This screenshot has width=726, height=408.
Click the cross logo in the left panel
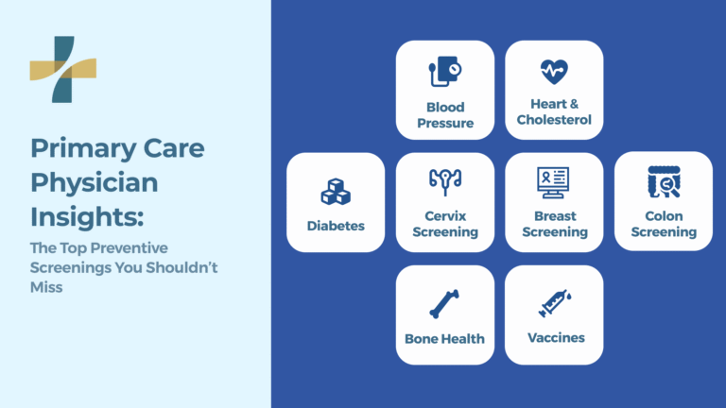(62, 69)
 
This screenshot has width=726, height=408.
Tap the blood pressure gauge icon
(444, 72)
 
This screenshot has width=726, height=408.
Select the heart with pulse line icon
(554, 71)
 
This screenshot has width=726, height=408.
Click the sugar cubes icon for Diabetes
(335, 192)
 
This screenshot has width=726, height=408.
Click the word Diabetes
(335, 226)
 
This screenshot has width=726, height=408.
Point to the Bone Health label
(444, 338)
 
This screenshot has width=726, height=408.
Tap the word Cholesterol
(555, 120)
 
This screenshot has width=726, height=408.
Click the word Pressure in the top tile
(444, 123)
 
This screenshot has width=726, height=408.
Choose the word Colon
(664, 216)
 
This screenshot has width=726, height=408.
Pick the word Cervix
(444, 216)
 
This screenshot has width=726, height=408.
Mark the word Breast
(554, 216)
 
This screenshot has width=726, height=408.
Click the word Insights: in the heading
(87, 216)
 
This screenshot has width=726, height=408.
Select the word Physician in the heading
(95, 182)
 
